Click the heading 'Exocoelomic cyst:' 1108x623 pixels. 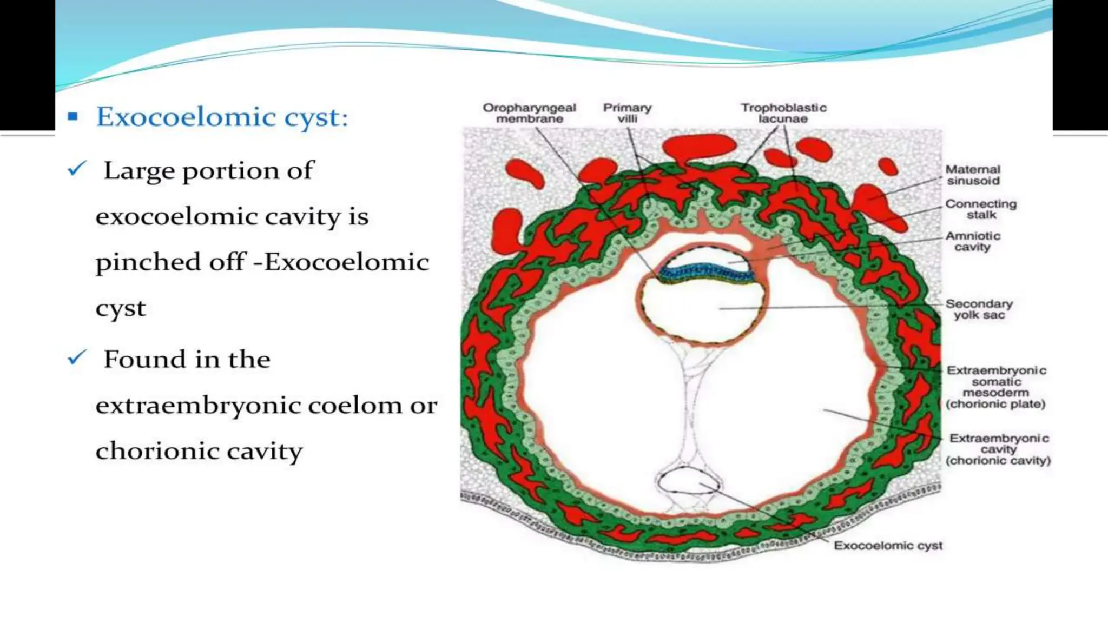222,117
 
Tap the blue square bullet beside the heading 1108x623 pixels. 73,116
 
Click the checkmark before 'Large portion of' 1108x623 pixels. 77,169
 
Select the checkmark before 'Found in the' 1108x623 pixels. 77,357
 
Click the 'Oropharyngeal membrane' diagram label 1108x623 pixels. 529,113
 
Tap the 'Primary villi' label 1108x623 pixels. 627,113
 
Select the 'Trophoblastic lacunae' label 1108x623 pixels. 783,113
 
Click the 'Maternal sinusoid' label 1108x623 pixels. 973,175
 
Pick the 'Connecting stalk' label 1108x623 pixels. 980,209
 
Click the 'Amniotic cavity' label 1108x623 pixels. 973,241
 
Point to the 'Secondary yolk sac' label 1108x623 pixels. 979,309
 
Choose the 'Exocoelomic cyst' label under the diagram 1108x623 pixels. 888,546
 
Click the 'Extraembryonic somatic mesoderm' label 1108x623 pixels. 996,387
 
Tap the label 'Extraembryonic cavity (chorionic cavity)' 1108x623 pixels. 998,449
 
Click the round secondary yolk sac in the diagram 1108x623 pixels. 702,314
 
